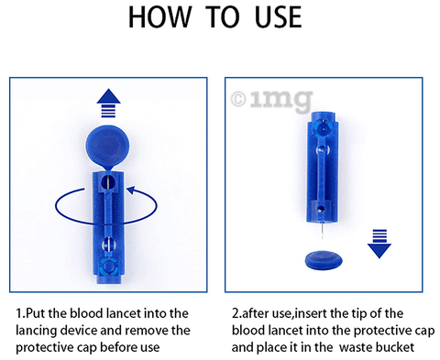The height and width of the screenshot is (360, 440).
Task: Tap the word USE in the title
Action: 274,19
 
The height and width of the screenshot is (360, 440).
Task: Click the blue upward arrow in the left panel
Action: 109,101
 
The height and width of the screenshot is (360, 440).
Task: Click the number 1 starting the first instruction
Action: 20,313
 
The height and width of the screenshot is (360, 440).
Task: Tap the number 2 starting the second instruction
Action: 236,313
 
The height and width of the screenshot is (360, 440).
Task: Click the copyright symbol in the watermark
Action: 239,96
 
